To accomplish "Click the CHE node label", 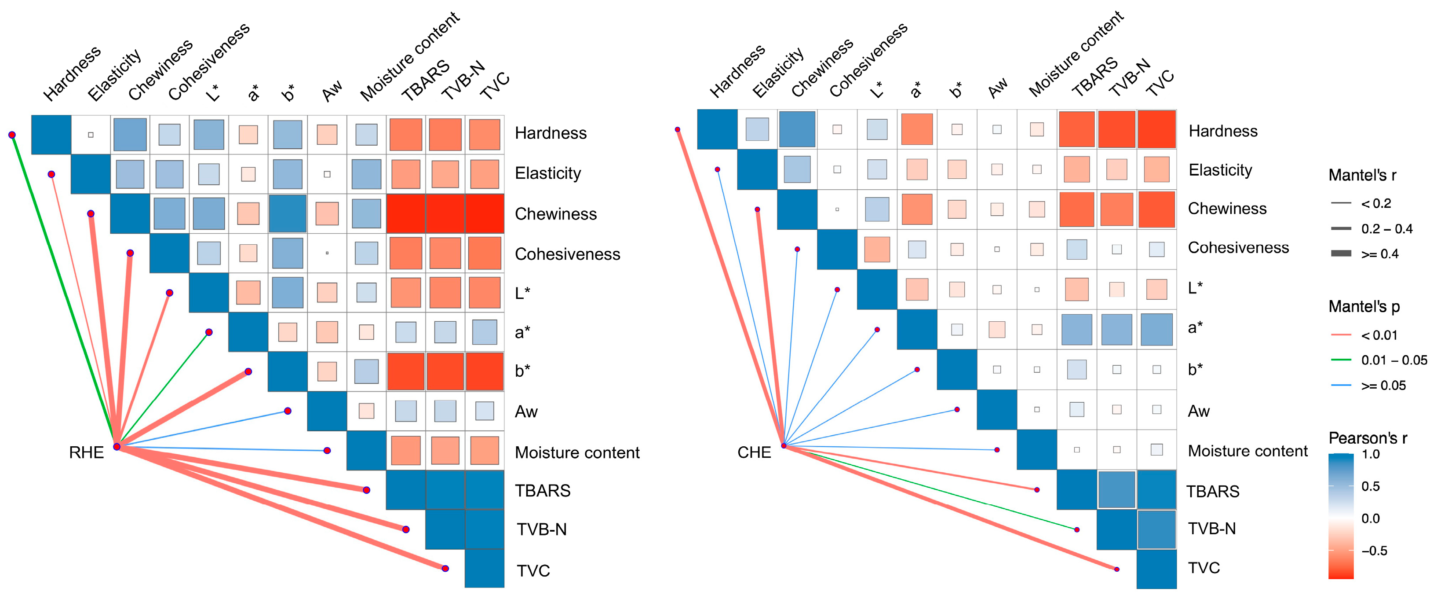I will pyautogui.click(x=754, y=452).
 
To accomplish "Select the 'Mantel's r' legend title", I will pyautogui.click(x=1362, y=175).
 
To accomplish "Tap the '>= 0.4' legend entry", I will pyautogui.click(x=1379, y=254).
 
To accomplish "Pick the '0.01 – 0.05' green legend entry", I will pyautogui.click(x=1393, y=360).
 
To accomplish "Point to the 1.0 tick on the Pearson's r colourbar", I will pyautogui.click(x=1371, y=454).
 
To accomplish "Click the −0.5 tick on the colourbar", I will pyautogui.click(x=1373, y=551).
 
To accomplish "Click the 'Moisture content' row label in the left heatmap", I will pyautogui.click(x=577, y=452).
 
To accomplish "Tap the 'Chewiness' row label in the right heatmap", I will pyautogui.click(x=1227, y=209).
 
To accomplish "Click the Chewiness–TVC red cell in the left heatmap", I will pyautogui.click(x=484, y=214).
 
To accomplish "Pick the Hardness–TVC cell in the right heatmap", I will pyautogui.click(x=1156, y=129).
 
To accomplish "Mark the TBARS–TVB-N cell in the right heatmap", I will pyautogui.click(x=1116, y=489).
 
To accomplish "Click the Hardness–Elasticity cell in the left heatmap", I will pyautogui.click(x=91, y=135).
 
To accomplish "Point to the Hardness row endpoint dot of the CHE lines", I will pyautogui.click(x=677, y=129).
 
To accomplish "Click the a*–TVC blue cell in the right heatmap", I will pyautogui.click(x=1156, y=329).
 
